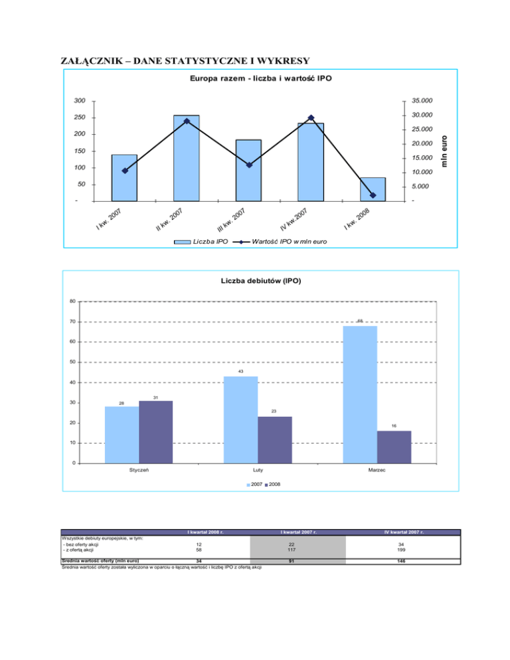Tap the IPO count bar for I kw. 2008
point(373,189)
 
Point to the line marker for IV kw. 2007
point(311,118)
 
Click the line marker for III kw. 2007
point(248,165)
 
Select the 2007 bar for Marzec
point(359,394)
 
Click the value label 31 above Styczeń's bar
point(155,397)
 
